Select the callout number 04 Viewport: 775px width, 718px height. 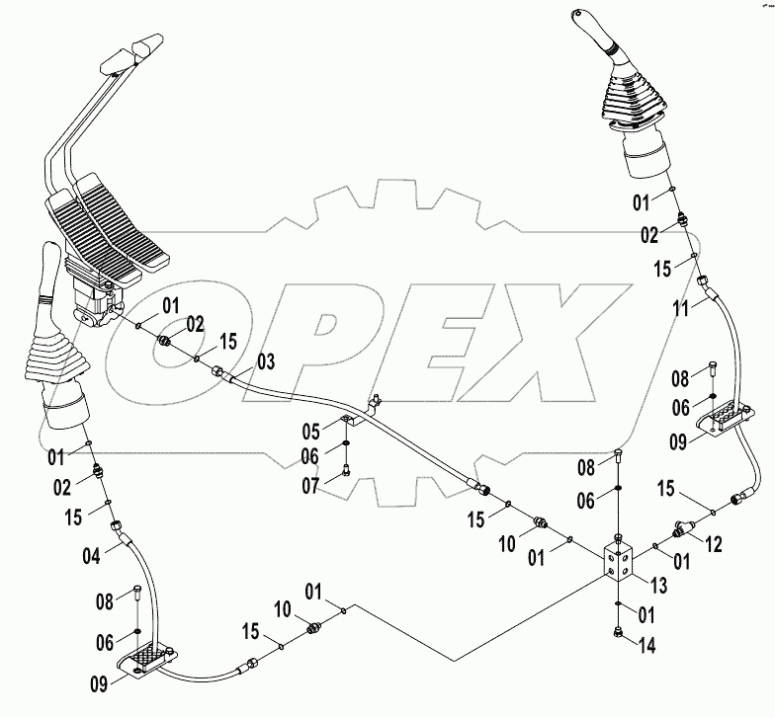pyautogui.click(x=91, y=554)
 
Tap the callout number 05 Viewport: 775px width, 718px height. pyautogui.click(x=311, y=431)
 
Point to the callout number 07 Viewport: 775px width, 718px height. pyautogui.click(x=311, y=487)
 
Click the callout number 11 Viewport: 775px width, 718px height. pyautogui.click(x=682, y=307)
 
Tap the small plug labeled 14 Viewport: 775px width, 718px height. pyautogui.click(x=618, y=633)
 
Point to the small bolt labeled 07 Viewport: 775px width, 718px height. pyautogui.click(x=346, y=472)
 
